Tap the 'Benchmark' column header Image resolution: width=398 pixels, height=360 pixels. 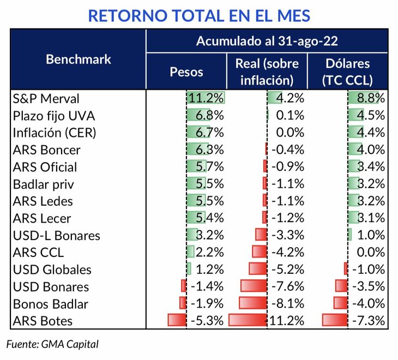78,59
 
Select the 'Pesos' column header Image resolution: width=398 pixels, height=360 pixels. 186,72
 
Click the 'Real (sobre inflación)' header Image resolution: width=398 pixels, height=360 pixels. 267,71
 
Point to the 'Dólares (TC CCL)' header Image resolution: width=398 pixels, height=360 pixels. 347,71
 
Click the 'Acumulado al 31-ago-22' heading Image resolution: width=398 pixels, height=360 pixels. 267,41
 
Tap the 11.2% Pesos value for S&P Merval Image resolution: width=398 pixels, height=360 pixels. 206,99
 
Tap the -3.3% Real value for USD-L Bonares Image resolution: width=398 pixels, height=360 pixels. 287,235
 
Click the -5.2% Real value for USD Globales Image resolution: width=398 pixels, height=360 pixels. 287,269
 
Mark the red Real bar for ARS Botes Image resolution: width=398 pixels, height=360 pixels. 248,320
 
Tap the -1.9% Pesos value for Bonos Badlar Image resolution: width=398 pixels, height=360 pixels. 206,303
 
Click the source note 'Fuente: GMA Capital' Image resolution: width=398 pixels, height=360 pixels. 53,344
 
